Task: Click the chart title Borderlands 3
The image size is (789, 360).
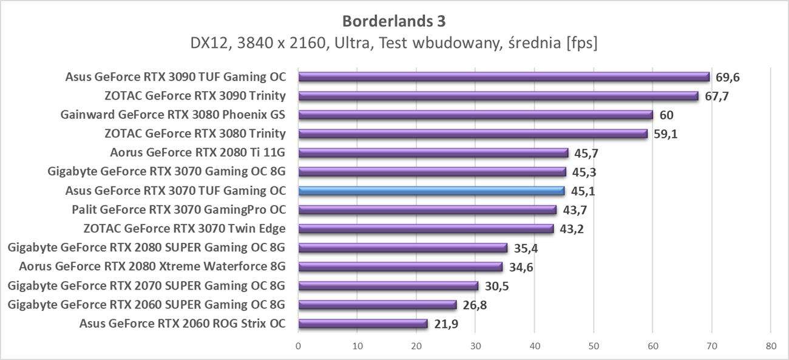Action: [394, 21]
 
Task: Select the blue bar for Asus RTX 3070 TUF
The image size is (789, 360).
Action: [431, 191]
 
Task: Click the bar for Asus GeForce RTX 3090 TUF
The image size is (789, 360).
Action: [504, 77]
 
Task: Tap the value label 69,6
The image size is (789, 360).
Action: [728, 77]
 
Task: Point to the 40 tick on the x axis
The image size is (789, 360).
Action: [535, 346]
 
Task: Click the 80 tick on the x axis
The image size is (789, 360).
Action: [770, 346]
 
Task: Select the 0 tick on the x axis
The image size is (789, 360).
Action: [298, 346]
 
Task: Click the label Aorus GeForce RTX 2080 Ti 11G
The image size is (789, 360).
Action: [198, 152]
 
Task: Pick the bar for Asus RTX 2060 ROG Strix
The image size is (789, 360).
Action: [363, 324]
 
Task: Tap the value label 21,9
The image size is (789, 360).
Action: [445, 324]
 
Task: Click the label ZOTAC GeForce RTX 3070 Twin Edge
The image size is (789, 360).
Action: [184, 228]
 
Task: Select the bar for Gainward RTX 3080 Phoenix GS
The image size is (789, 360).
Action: [475, 115]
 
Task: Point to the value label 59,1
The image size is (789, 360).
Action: [665, 134]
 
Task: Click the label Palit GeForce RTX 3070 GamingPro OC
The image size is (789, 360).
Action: [178, 209]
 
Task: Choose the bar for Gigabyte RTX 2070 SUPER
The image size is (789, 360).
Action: [388, 285]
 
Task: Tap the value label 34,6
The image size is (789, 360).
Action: [521, 267]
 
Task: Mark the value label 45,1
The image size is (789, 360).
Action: [583, 191]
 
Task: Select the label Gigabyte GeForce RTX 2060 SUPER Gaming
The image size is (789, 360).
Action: [146, 304]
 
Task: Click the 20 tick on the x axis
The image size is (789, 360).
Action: [416, 346]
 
